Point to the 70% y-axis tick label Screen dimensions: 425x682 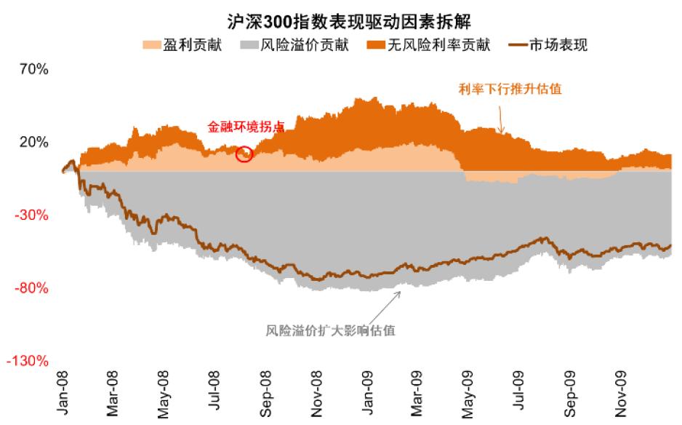tap(34, 70)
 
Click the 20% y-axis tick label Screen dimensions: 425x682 tap(34, 143)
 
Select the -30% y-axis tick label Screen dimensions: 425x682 tap(33, 215)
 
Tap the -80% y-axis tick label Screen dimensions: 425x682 tap(33, 288)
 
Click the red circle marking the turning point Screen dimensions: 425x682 tap(244, 154)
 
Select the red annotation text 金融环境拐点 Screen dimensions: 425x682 tap(246, 127)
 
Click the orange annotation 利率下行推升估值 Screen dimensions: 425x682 tap(510, 89)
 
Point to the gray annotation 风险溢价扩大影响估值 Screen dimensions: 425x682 tap(331, 330)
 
